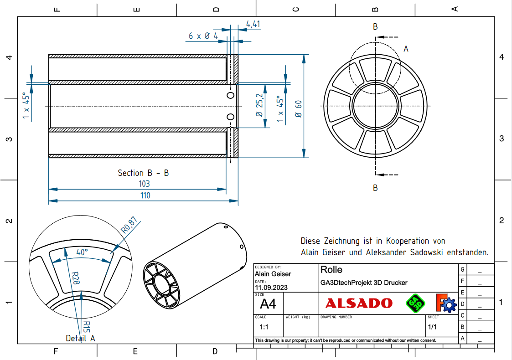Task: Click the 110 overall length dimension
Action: pos(145,195)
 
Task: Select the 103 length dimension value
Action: pos(144,184)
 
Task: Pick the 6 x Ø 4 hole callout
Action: pos(203,36)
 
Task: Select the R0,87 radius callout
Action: pos(129,226)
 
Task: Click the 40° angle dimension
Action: pos(82,252)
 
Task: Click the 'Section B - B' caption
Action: pos(143,173)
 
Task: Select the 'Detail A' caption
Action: pos(80,339)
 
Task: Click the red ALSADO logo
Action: pos(359,303)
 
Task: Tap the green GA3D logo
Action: pos(415,303)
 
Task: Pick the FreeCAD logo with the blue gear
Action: pos(445,303)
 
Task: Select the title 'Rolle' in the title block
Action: pos(331,270)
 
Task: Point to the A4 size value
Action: pos(268,303)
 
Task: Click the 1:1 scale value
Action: pos(264,327)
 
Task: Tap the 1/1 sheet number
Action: pos(432,327)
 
